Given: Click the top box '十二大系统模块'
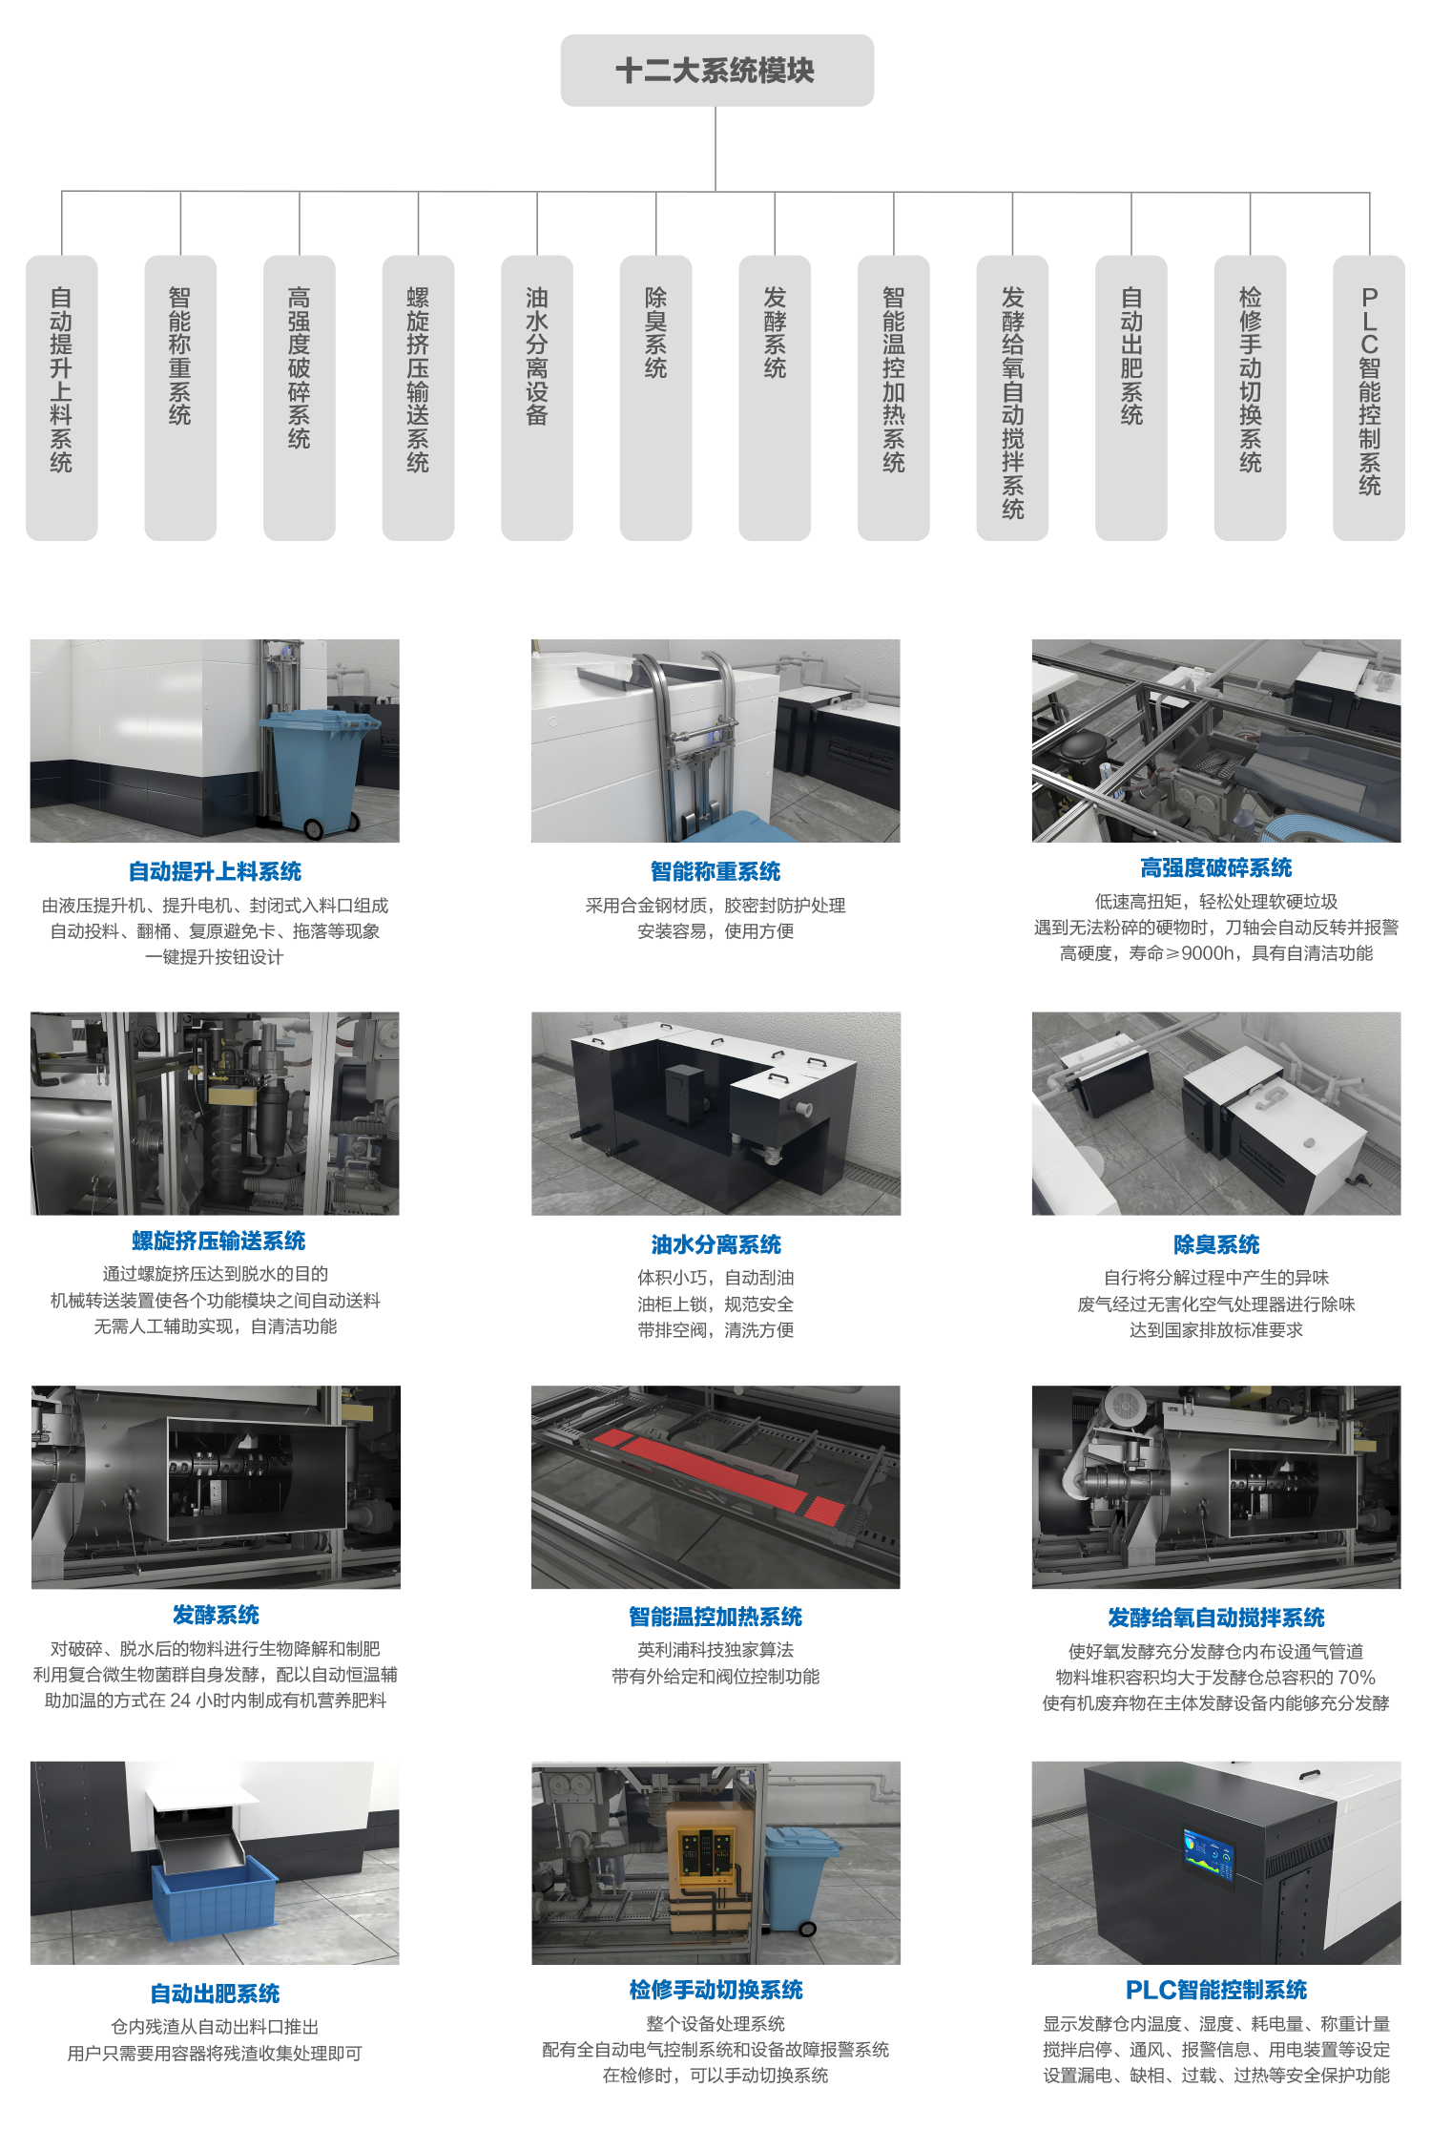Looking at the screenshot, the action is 716,71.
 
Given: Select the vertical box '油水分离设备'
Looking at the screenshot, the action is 537,398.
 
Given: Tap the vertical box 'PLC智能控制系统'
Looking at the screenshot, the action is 1369,398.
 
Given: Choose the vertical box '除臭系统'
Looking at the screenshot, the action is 655,398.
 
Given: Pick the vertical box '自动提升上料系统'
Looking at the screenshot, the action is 62,398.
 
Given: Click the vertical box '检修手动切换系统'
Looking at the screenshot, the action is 1250,398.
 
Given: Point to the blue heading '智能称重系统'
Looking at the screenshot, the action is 715,871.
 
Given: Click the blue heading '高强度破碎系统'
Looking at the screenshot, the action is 1216,867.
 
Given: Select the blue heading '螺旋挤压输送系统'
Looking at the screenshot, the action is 218,1241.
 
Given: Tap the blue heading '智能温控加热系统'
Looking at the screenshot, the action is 715,1617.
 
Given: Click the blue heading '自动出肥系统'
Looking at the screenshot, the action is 216,1993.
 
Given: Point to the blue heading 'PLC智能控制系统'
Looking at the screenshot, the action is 1216,1990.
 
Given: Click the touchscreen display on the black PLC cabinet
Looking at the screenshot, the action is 1209,1857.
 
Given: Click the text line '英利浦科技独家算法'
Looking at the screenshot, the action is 715,1650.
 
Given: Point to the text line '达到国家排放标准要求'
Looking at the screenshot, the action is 1216,1330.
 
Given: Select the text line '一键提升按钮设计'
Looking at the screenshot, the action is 215,957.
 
